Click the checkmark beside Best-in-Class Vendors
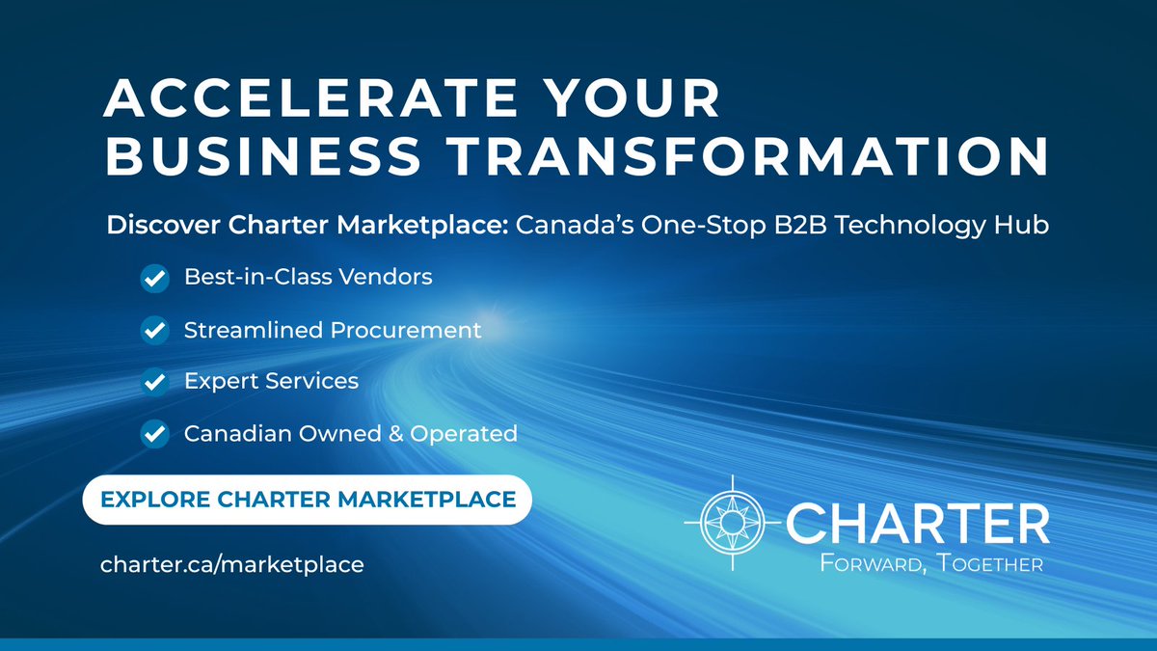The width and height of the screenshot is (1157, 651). (154, 278)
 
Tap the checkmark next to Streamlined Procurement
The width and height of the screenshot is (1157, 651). (154, 330)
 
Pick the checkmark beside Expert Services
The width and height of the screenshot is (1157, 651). (154, 382)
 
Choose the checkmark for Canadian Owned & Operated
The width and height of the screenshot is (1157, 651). (154, 434)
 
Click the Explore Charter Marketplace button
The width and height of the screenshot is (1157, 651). (308, 500)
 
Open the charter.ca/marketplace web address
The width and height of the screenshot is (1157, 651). (232, 564)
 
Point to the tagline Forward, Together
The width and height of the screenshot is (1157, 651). (931, 563)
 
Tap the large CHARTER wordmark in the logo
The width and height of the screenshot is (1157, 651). (917, 523)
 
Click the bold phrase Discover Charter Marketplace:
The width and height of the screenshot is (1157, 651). (308, 225)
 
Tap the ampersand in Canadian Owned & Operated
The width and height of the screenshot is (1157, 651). (394, 434)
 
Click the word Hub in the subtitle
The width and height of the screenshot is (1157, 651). (1024, 225)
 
